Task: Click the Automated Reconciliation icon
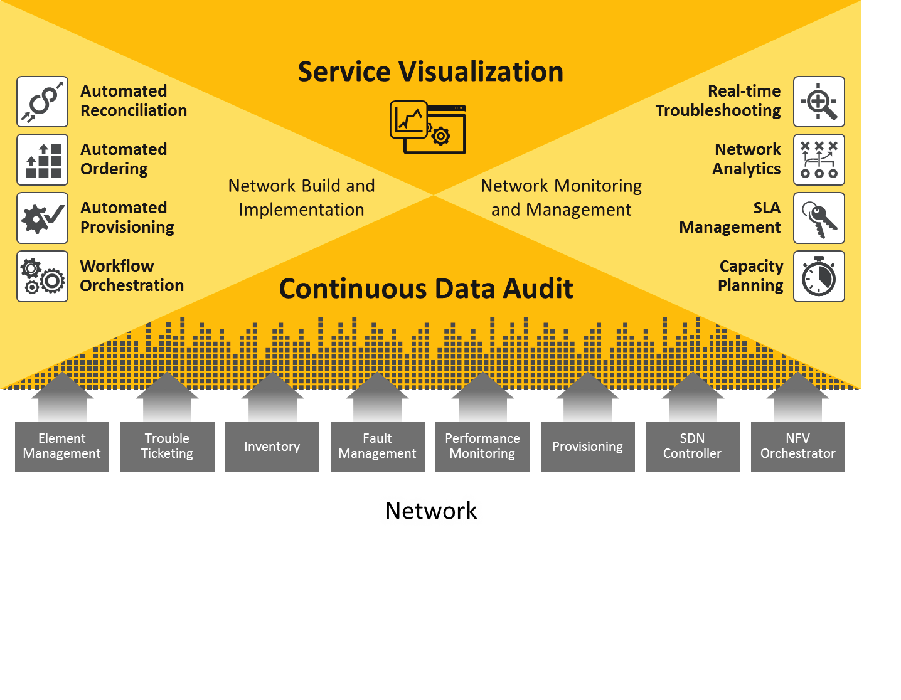tap(42, 102)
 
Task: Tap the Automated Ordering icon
tap(42, 160)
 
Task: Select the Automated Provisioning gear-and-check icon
tap(42, 218)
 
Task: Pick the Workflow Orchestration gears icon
tap(42, 277)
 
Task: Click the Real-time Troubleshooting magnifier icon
tap(819, 102)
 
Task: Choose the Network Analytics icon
tap(819, 160)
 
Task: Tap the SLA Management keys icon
tap(819, 218)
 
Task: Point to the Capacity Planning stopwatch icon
tap(819, 277)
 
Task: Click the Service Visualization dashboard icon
tap(428, 127)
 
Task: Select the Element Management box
tap(62, 446)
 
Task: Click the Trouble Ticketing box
tap(167, 446)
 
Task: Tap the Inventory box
tap(272, 446)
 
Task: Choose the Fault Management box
tap(377, 446)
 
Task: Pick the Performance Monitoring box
tap(482, 446)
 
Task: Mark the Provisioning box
tap(587, 446)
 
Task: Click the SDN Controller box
tap(693, 446)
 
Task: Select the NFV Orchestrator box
tap(797, 446)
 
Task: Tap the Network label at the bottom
tap(431, 511)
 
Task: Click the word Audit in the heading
tap(538, 289)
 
